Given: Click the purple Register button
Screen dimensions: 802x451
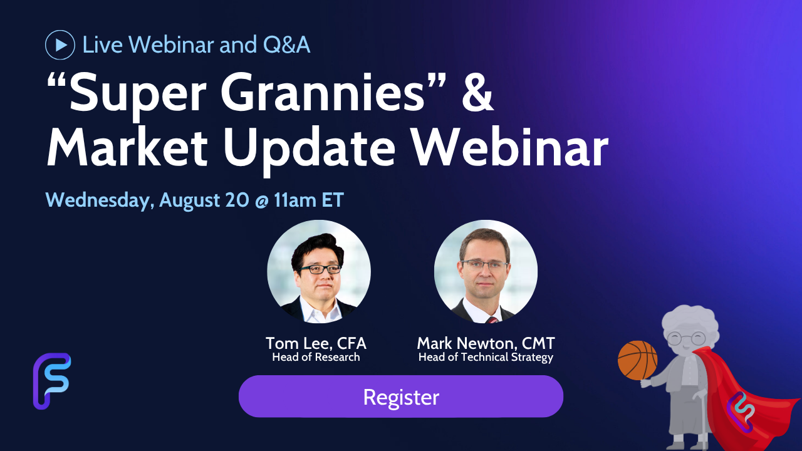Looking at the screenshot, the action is point(400,397).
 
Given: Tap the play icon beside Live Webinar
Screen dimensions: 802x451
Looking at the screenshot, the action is point(60,44).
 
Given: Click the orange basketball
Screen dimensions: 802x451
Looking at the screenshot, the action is point(638,360).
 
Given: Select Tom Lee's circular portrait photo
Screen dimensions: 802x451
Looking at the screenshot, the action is point(319,272).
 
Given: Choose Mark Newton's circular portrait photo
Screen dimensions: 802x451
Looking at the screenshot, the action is point(486,272).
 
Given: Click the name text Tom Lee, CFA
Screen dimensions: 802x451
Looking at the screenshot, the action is point(316,343).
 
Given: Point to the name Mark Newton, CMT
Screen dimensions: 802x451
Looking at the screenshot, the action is point(486,343).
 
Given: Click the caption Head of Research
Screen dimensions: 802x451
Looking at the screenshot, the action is point(316,357).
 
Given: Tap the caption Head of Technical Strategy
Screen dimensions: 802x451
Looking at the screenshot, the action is point(486,358).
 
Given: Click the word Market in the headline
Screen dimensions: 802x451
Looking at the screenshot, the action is point(127,147).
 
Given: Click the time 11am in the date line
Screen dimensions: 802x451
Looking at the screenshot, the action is point(294,200).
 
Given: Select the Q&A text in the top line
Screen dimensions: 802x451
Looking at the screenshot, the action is point(286,44).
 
